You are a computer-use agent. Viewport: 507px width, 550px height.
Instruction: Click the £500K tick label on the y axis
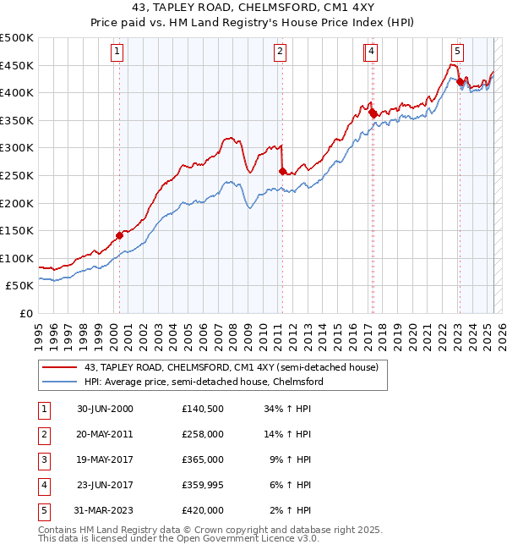17,38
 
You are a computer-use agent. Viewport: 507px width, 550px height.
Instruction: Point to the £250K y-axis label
17,175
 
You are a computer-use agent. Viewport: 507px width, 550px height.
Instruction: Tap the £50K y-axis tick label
20,286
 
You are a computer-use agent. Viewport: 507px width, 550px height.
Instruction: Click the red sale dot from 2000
119,236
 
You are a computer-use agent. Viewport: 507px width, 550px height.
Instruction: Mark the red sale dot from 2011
282,171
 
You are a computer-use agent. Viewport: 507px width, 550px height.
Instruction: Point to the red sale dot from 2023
460,82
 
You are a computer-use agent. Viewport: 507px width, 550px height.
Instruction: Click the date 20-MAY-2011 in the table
105,433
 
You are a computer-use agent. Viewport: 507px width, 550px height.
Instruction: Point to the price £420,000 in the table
203,510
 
